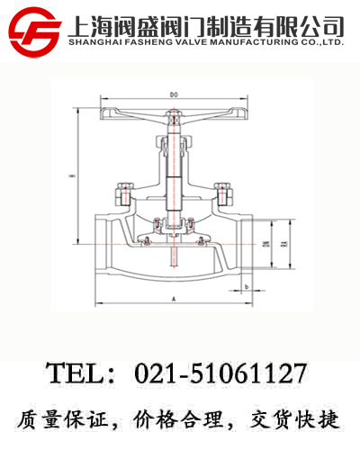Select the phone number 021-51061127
(220, 373)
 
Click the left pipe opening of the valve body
(100, 244)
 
